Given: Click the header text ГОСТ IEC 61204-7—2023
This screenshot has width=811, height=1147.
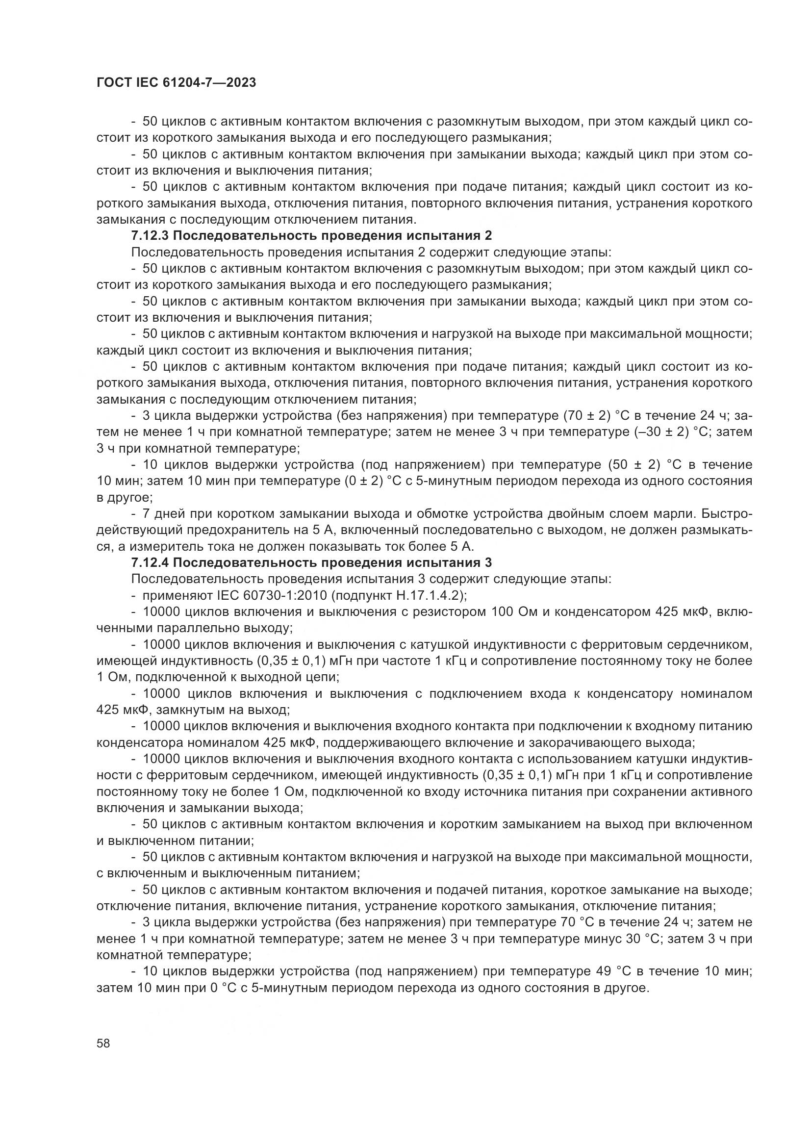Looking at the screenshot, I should pyautogui.click(x=177, y=83).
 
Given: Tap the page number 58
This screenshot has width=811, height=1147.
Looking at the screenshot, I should pyautogui.click(x=103, y=1044).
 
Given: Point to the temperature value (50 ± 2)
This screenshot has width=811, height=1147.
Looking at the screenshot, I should pyautogui.click(x=631, y=465).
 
